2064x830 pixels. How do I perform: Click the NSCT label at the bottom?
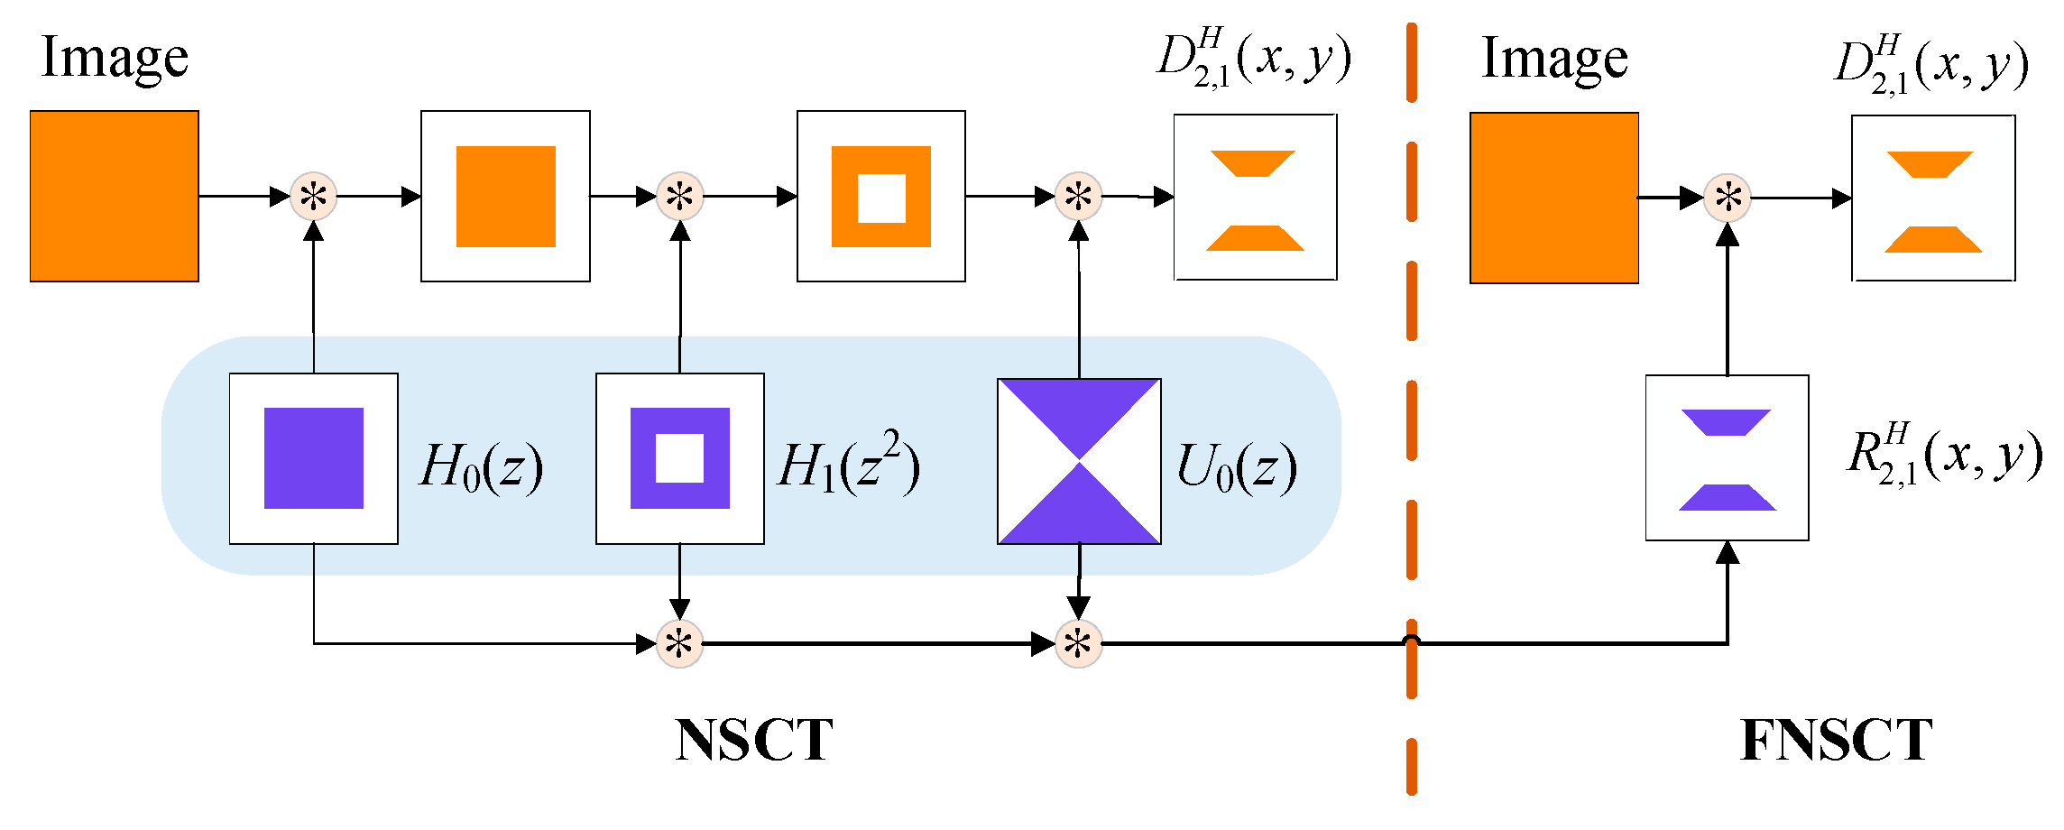point(754,741)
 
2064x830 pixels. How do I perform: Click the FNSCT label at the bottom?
point(1836,741)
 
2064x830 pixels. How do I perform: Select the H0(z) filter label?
point(481,467)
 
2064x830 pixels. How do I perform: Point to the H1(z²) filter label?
point(848,465)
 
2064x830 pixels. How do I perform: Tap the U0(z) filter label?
point(1237,467)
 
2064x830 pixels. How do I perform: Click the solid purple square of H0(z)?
point(314,458)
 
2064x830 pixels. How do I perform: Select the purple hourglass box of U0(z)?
point(1079,461)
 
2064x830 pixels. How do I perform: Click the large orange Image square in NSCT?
point(115,196)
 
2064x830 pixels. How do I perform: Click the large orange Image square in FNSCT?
point(1554,198)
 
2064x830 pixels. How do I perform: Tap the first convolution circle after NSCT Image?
point(313,196)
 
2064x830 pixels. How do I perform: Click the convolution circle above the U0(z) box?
point(1078,196)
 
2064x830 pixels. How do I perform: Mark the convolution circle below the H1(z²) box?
point(679,643)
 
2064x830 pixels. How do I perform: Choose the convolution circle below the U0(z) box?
point(1078,643)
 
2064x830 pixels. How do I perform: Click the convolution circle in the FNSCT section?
point(1727,198)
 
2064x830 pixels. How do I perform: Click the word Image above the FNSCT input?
point(1554,59)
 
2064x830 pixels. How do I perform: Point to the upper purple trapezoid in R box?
point(1726,422)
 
